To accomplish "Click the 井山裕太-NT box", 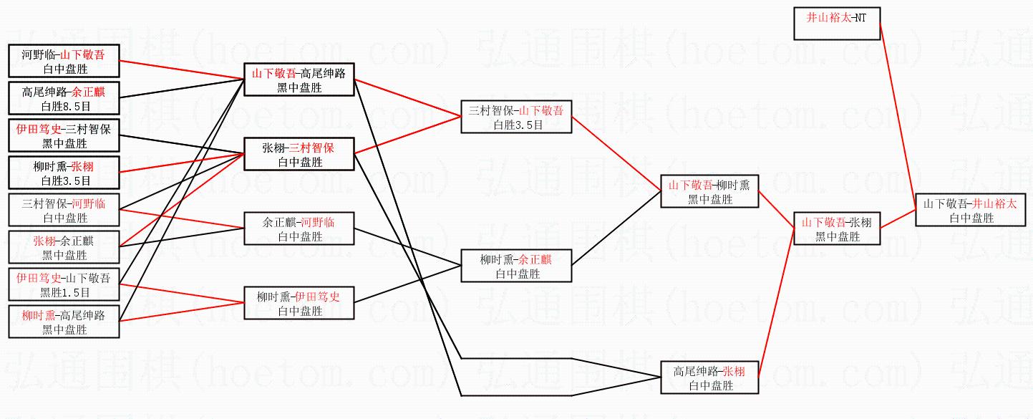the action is click(x=837, y=23).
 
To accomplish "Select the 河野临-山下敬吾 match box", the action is click(x=64, y=61).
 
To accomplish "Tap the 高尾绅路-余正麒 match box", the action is click(x=64, y=98).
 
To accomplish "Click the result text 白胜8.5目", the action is click(x=64, y=106).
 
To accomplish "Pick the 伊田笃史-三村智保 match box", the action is click(x=64, y=135).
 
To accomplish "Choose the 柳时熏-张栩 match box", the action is click(x=64, y=173).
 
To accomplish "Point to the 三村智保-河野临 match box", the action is click(x=64, y=210).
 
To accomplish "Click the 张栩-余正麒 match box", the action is click(x=64, y=247).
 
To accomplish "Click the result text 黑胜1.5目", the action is click(x=64, y=292).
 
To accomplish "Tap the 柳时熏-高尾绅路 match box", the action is click(x=64, y=322).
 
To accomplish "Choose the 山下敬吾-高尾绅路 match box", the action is click(x=299, y=80).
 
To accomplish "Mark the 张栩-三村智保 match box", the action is click(x=299, y=154).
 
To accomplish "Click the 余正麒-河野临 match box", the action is click(x=299, y=228).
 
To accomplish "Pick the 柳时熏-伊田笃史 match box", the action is click(x=299, y=303).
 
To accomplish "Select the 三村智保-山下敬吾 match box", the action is click(x=516, y=117).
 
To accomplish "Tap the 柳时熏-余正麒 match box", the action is click(x=516, y=266).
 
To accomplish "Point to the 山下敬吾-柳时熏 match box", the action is click(x=709, y=191).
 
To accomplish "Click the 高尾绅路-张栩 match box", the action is click(x=709, y=377).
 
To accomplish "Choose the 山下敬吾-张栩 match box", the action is click(x=836, y=228).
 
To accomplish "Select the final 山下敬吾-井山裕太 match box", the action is click(x=969, y=210).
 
